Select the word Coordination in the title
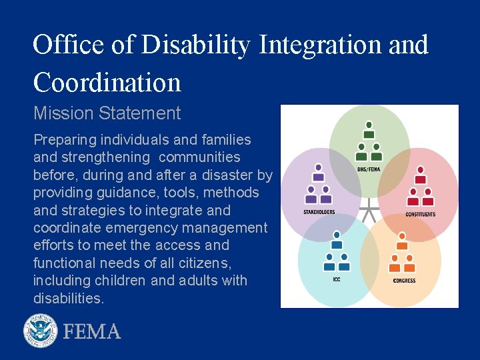tap(107, 83)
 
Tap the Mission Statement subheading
tap(107, 113)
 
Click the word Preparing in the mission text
tap(64, 140)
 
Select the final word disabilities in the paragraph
tap(69, 298)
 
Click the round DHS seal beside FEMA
tap(41, 331)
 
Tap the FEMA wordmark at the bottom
tap(92, 331)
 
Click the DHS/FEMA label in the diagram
tap(369, 169)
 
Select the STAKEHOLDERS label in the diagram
tap(319, 212)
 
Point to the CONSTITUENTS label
tap(420, 214)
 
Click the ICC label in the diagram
tap(337, 279)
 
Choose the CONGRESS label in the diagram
tap(404, 281)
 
